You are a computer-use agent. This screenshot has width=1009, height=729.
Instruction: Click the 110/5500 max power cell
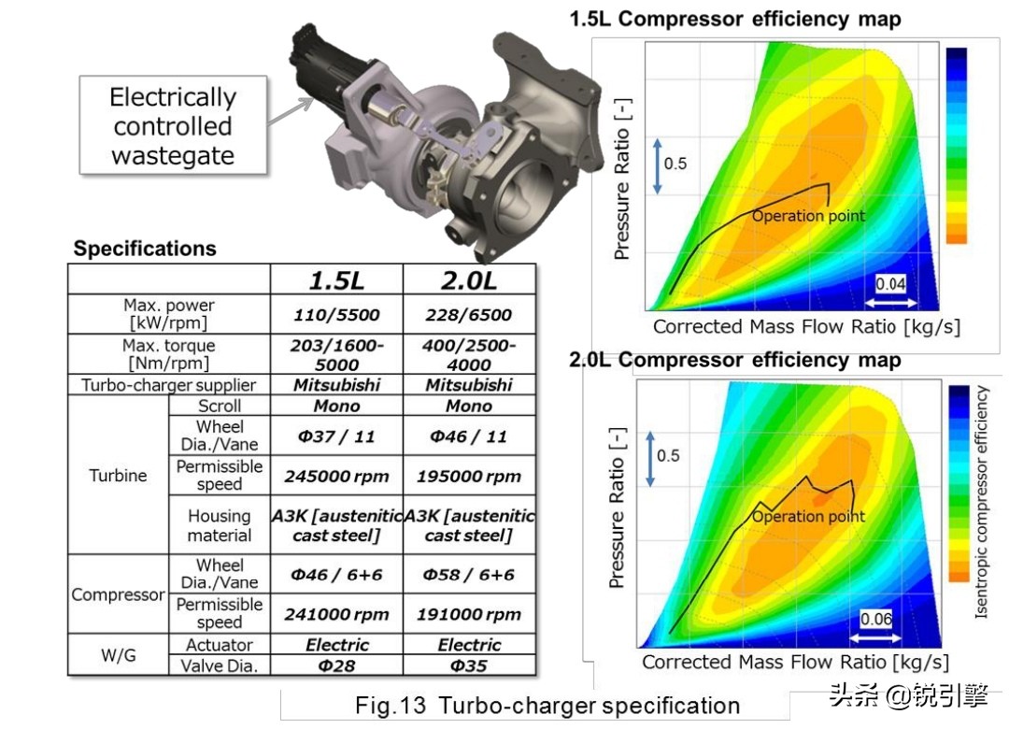[336, 314]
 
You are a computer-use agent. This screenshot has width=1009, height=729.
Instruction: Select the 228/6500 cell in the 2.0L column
[469, 314]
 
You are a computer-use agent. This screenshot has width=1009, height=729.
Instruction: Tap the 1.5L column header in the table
[336, 280]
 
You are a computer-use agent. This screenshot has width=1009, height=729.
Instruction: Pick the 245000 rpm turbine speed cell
[336, 476]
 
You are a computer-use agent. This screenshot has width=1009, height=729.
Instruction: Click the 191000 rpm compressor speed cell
[469, 614]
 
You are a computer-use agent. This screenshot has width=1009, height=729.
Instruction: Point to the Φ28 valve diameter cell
[336, 665]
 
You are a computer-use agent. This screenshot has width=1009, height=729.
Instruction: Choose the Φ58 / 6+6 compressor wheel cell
[469, 574]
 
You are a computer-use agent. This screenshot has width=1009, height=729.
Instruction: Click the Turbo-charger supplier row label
[168, 385]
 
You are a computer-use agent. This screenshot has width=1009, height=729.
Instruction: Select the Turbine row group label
[118, 476]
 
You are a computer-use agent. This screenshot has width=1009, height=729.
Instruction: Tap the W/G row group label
[119, 655]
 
